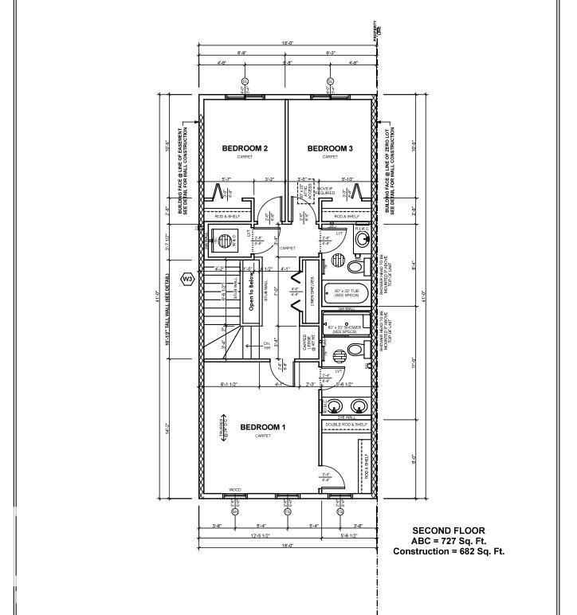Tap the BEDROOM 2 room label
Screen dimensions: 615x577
click(244, 149)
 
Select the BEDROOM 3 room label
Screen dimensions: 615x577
click(330, 149)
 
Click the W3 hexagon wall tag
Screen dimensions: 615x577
click(188, 279)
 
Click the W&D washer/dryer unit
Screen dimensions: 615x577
click(226, 239)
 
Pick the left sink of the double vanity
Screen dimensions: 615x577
click(333, 405)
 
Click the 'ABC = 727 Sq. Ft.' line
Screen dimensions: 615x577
click(448, 541)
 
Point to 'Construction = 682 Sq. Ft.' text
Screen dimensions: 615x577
click(448, 551)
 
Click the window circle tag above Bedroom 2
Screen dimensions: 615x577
click(245, 81)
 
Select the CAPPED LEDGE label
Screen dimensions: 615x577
click(307, 343)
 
